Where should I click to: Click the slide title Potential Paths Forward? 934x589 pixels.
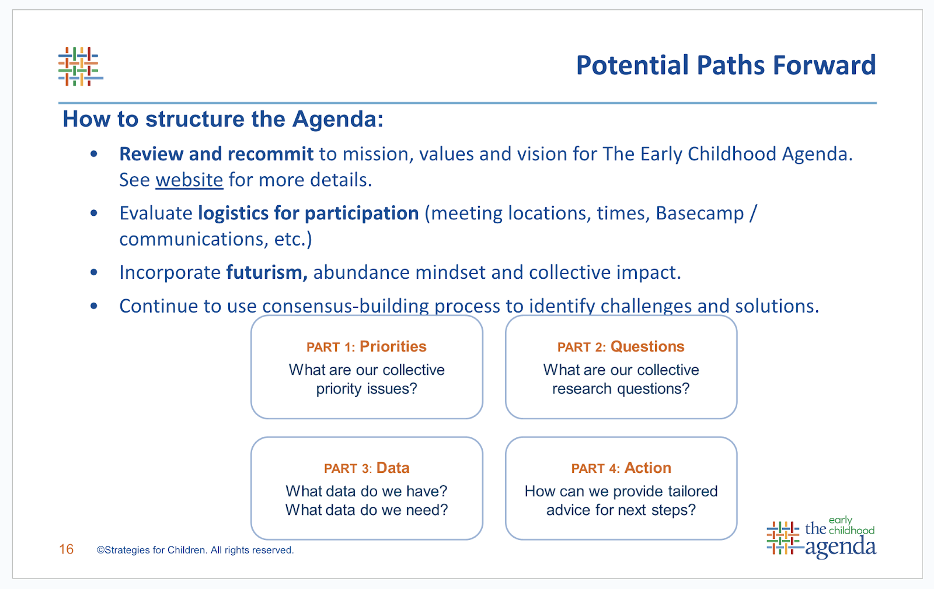point(726,65)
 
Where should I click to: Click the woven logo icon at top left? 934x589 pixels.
point(81,66)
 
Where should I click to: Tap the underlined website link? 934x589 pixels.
point(189,180)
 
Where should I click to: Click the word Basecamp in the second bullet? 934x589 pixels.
point(700,213)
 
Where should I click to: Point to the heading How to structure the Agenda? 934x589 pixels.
point(223,119)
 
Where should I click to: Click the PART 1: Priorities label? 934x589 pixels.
point(367,346)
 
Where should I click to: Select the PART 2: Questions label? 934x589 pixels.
point(621,346)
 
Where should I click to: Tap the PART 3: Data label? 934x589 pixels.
point(367,468)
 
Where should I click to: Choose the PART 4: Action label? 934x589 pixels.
point(621,468)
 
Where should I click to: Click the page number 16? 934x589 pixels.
point(67,549)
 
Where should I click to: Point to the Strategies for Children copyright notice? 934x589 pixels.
point(195,551)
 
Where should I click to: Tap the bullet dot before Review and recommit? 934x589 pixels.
point(94,154)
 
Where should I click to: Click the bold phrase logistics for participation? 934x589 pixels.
point(308,213)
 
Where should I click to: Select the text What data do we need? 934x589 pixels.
point(367,510)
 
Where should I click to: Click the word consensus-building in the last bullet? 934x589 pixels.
point(345,306)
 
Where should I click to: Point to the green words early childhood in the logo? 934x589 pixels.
point(852,525)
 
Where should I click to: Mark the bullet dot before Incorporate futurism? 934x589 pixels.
point(94,272)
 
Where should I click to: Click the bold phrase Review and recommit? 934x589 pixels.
point(217,154)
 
